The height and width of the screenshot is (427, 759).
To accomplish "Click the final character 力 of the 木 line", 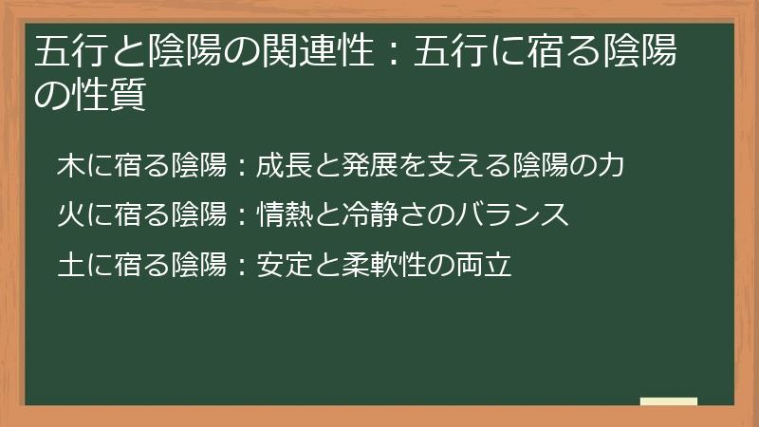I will (612, 165).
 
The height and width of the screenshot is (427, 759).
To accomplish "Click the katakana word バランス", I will (519, 214).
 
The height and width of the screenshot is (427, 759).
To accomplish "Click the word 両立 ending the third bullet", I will (488, 264).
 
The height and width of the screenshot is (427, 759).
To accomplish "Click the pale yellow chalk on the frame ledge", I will (669, 401).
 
